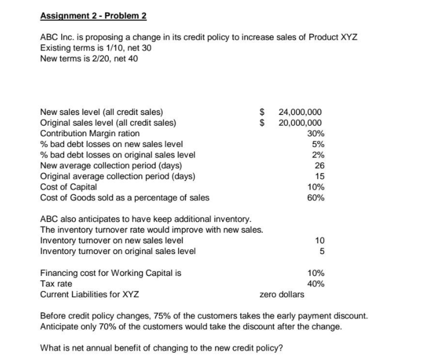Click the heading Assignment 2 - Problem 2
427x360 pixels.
tap(93, 16)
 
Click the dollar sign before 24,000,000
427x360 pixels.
tap(261, 113)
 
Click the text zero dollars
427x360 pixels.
tap(282, 294)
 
